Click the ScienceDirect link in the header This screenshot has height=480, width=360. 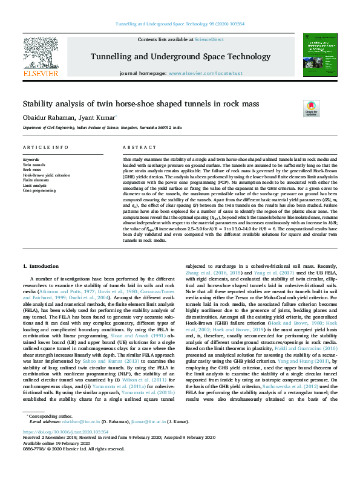click(x=209, y=39)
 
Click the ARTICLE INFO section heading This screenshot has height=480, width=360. click(x=45, y=148)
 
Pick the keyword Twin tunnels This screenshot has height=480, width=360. click(x=34, y=164)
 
